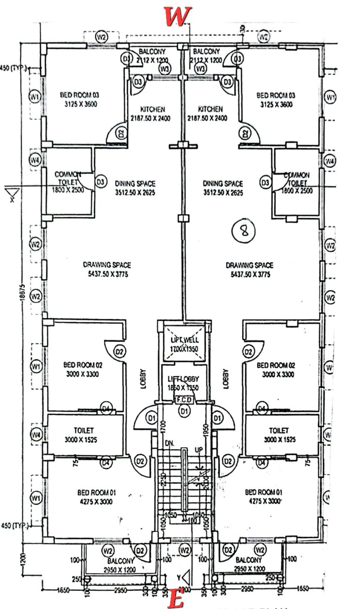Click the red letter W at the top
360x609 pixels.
pyautogui.click(x=178, y=17)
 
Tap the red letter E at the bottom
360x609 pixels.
pyautogui.click(x=178, y=600)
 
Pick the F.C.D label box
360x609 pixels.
pyautogui.click(x=184, y=399)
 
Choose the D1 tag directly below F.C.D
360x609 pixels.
pyautogui.click(x=184, y=411)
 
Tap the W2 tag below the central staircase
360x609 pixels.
pyautogui.click(x=184, y=550)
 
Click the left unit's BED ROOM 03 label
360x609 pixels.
pyautogui.click(x=79, y=99)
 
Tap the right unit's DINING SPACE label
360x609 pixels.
pyautogui.click(x=223, y=188)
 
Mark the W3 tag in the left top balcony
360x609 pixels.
pyautogui.click(x=165, y=69)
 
